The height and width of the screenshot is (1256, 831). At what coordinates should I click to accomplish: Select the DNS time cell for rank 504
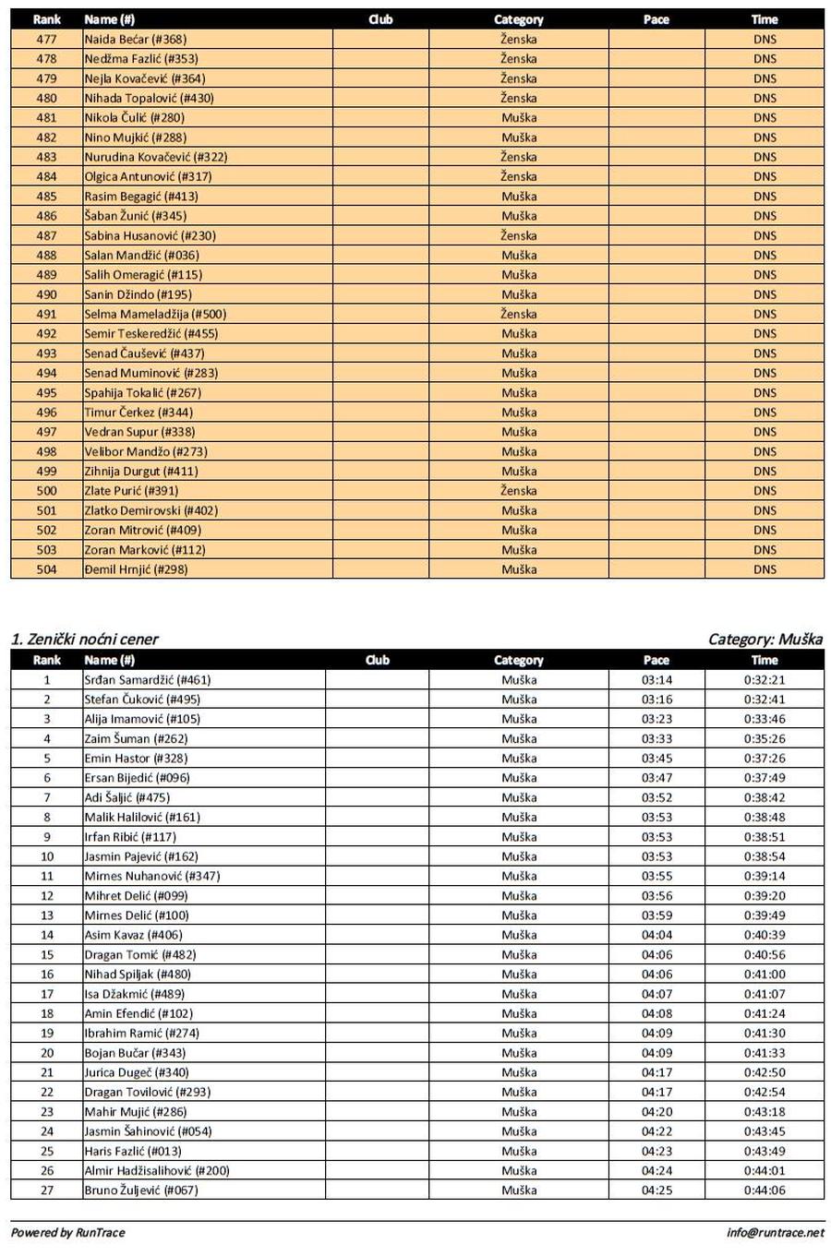(x=765, y=569)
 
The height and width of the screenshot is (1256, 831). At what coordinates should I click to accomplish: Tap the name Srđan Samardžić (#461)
(x=147, y=680)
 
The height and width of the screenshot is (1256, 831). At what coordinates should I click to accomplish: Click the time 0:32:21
(x=765, y=680)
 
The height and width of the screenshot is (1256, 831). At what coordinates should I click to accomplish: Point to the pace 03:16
(x=656, y=700)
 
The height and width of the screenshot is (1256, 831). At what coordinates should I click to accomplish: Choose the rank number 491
(x=46, y=314)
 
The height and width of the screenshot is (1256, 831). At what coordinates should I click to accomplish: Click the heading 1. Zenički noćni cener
(x=85, y=639)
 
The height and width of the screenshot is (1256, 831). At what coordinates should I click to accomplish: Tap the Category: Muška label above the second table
(x=765, y=639)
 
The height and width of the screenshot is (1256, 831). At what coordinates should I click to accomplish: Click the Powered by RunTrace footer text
(x=67, y=1232)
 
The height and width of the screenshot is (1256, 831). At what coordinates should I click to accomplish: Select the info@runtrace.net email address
(x=775, y=1232)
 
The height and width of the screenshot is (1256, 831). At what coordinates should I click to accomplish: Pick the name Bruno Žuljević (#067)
(x=140, y=1190)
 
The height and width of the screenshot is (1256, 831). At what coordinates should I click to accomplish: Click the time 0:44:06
(x=765, y=1190)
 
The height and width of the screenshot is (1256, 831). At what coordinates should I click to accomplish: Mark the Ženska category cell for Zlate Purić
(x=519, y=491)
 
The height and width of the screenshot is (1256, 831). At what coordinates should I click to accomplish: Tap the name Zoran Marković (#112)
(x=144, y=550)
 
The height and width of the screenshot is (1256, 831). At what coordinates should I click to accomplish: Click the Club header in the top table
(x=379, y=19)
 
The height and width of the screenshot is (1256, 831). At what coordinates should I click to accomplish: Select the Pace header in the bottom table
(x=656, y=660)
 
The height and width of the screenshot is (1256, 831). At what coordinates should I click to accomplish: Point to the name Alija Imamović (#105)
(x=141, y=719)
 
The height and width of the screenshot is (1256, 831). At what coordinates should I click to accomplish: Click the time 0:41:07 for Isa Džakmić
(x=765, y=994)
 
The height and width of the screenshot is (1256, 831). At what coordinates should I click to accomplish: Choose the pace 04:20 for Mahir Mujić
(x=656, y=1112)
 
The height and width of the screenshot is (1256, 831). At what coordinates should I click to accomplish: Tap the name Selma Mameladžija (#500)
(x=154, y=314)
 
